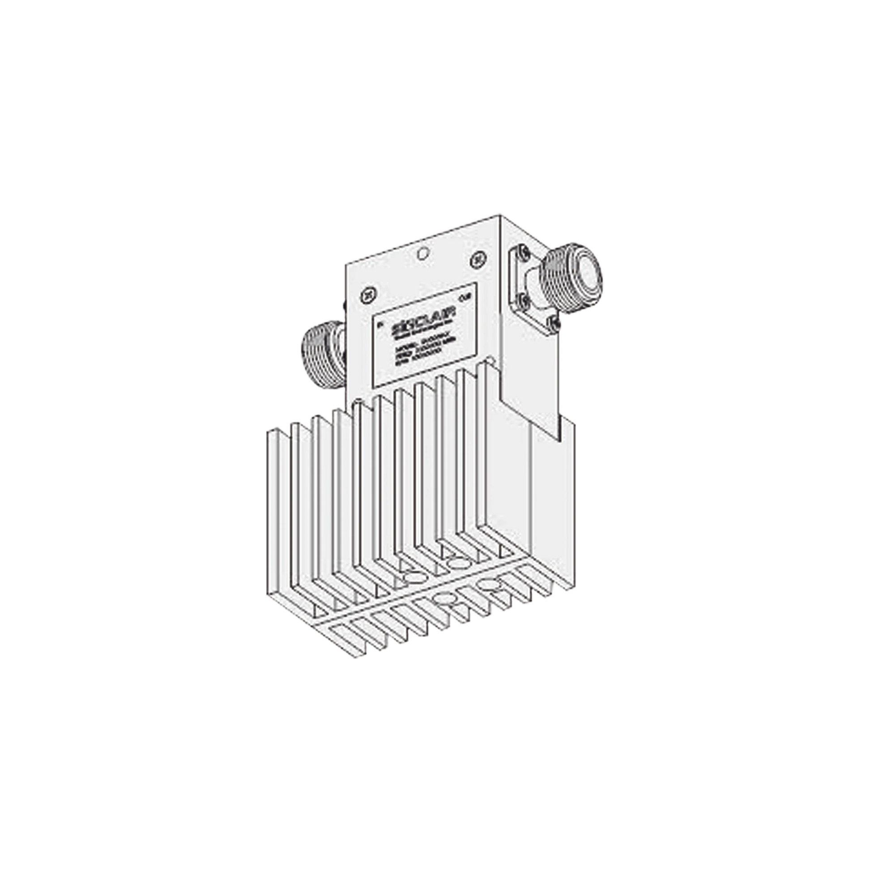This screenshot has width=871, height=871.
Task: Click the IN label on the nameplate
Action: click(x=380, y=323)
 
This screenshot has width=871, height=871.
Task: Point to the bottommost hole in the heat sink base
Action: click(x=443, y=599)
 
